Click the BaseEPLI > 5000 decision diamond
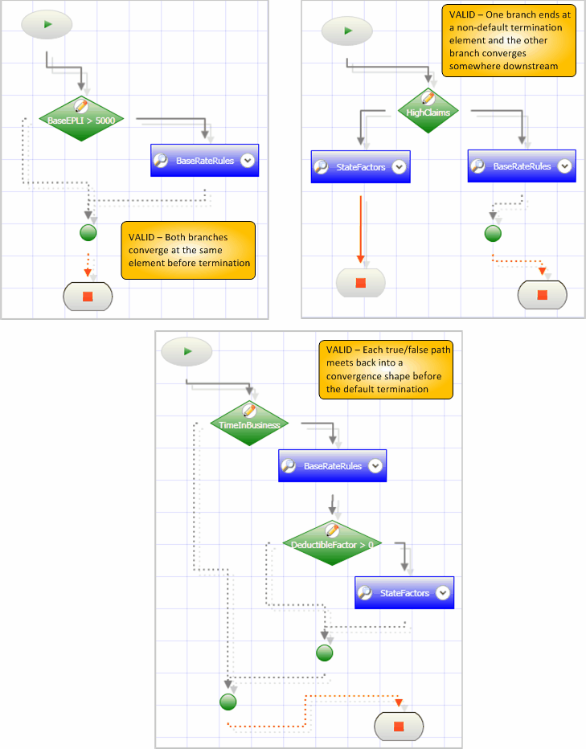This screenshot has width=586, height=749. coord(81,121)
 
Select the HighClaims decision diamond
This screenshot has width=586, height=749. coord(428,113)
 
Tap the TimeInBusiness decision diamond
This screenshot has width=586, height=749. coord(249,425)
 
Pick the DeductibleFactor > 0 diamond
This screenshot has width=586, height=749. coord(331,544)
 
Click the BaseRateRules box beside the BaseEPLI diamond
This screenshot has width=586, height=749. coord(205,161)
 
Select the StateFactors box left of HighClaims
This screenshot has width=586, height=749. coord(361,167)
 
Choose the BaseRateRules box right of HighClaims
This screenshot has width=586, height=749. coord(522,166)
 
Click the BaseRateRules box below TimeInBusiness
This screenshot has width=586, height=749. coord(332,466)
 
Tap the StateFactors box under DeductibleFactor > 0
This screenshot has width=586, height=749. coord(404,593)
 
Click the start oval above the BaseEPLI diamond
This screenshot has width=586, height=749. coord(47,25)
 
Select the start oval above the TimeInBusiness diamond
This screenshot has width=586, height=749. coord(186,351)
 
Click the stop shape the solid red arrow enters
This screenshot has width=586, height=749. coord(361,283)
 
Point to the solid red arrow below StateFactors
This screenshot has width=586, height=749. coord(361,229)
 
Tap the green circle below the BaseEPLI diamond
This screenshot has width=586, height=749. coord(88,233)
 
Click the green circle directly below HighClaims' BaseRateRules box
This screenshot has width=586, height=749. coord(494,234)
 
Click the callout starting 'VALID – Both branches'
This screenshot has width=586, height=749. coord(188,250)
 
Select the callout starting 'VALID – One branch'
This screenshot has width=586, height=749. coord(509,40)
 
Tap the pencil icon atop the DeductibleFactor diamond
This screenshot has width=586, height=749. coord(331,530)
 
